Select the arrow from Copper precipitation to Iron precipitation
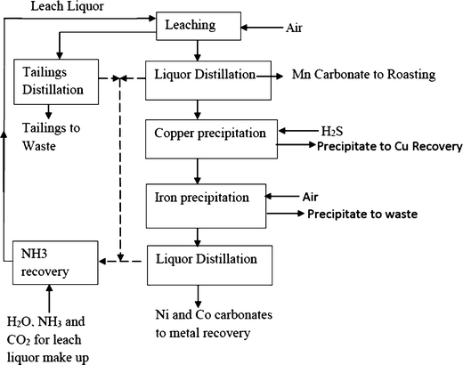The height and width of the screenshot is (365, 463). (x=198, y=167)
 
